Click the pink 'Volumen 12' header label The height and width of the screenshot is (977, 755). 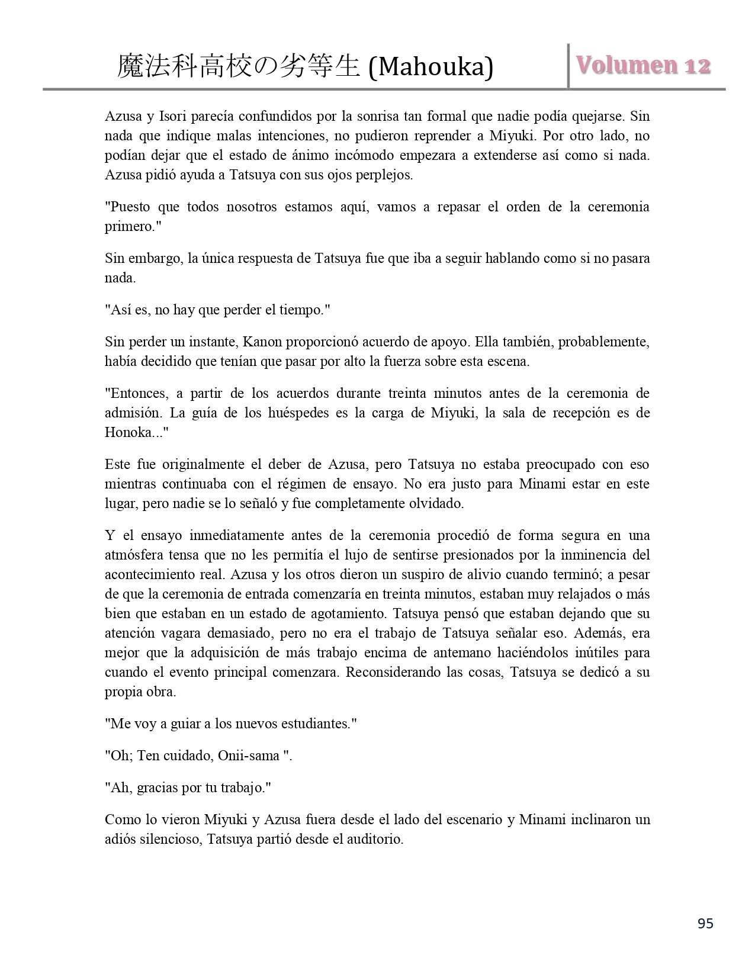pyautogui.click(x=643, y=66)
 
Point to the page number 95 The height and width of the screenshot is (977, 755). pyautogui.click(x=705, y=924)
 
